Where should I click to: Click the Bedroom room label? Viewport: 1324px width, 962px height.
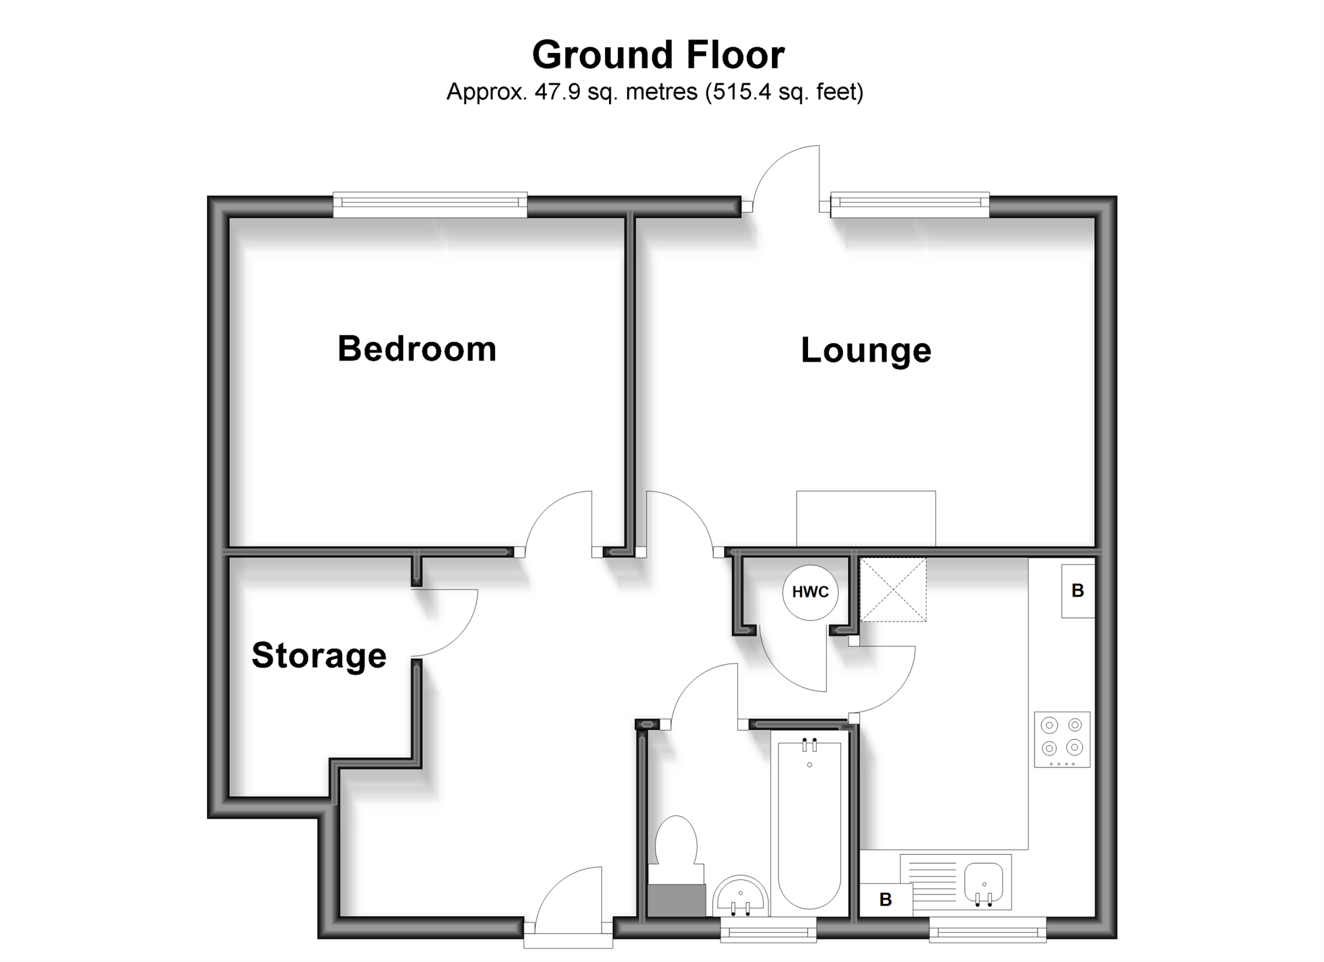tap(417, 349)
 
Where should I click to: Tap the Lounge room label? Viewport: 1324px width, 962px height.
tap(866, 351)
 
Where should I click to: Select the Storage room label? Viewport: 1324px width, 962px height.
tap(319, 655)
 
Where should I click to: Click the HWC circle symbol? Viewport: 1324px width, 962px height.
tap(810, 592)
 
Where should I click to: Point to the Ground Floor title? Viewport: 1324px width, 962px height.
tap(657, 55)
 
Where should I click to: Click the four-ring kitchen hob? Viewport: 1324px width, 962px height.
tap(1062, 739)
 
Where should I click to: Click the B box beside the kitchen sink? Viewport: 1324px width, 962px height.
tap(886, 899)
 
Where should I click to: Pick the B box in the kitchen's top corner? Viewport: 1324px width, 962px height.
tap(1078, 591)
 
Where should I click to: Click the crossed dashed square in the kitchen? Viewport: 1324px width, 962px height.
tap(893, 590)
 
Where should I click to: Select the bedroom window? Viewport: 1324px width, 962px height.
tap(430, 204)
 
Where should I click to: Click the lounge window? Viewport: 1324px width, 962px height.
tap(910, 204)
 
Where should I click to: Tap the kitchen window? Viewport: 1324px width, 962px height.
tap(987, 931)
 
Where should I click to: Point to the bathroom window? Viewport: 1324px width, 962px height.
tap(768, 931)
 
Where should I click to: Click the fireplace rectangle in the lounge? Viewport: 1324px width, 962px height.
tap(866, 518)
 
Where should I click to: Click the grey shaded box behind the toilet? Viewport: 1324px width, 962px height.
tap(676, 900)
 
